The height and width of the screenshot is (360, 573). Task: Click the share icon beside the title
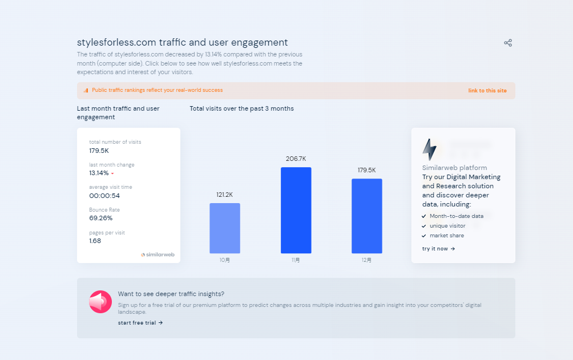point(508,43)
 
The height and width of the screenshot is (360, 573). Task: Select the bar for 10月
point(225,228)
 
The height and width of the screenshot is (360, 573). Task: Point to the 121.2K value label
point(225,195)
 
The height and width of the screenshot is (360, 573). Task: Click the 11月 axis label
point(296,260)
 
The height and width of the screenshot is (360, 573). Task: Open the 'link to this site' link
point(487,91)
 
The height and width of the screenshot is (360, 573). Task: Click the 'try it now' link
point(438,249)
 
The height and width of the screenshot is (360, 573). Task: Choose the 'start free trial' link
point(140,323)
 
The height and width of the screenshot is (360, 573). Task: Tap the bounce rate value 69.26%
point(101,218)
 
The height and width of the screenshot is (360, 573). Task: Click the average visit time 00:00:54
point(104,196)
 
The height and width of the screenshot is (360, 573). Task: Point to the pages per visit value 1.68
point(95,241)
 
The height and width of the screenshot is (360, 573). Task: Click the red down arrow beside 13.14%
point(112,173)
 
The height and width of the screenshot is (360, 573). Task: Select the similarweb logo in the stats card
point(158,254)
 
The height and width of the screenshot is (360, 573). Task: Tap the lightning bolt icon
point(429,149)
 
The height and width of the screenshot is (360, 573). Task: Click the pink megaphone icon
point(100,302)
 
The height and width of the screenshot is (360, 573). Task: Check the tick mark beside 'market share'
point(423,236)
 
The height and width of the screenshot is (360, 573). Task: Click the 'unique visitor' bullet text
point(447,226)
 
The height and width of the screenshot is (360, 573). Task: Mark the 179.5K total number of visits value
point(99,151)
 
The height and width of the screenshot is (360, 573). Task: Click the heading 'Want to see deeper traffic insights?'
point(171,294)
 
